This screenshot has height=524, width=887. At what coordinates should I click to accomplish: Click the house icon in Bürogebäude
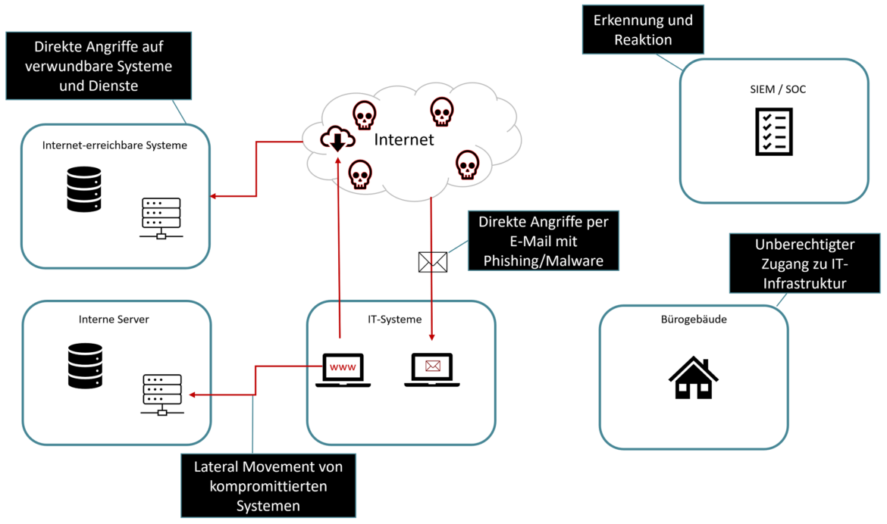pyautogui.click(x=693, y=378)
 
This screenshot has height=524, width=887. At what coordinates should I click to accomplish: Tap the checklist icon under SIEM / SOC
pyautogui.click(x=773, y=132)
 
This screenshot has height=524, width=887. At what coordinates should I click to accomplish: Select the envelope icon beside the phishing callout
pyautogui.click(x=433, y=262)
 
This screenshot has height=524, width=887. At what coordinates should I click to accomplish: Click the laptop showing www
pyautogui.click(x=343, y=370)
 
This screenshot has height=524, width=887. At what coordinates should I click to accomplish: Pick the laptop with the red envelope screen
pyautogui.click(x=432, y=370)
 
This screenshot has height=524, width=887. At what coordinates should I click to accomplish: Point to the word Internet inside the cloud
pyautogui.click(x=404, y=139)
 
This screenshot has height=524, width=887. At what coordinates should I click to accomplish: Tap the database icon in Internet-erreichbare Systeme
pyautogui.click(x=83, y=189)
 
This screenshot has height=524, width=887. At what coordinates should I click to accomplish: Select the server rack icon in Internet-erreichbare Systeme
pyautogui.click(x=161, y=218)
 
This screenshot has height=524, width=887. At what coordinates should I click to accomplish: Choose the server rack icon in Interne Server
pyautogui.click(x=161, y=394)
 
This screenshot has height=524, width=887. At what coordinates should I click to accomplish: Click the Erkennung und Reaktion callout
pyautogui.click(x=643, y=30)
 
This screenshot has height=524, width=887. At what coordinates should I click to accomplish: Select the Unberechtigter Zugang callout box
pyautogui.click(x=805, y=264)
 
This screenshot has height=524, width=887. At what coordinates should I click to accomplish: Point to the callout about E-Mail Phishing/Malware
pyautogui.click(x=543, y=241)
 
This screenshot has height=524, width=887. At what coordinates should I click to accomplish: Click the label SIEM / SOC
pyautogui.click(x=774, y=89)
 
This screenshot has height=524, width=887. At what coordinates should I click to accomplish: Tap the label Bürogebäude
pyautogui.click(x=694, y=320)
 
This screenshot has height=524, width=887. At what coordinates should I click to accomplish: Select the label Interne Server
pyautogui.click(x=114, y=320)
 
